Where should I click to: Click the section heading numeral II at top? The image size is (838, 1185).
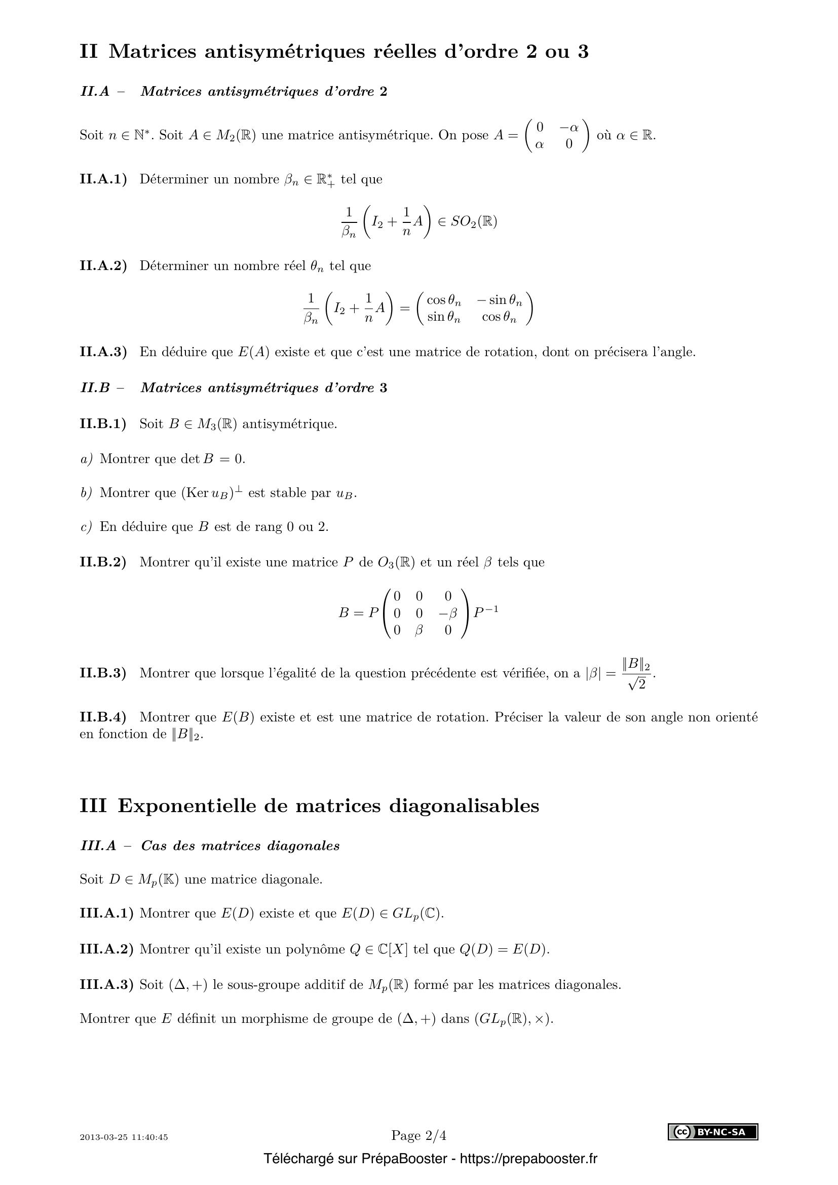(x=88, y=52)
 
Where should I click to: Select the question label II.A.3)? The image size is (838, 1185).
(x=103, y=352)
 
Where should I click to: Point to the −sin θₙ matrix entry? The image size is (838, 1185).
(x=500, y=300)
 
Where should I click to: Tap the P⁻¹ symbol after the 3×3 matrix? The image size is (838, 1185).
(x=485, y=612)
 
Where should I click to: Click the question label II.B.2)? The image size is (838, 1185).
(x=103, y=561)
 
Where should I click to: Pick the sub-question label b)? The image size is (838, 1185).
(x=86, y=492)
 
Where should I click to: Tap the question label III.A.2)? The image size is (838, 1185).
(x=106, y=948)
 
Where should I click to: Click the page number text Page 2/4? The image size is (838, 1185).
(x=418, y=1135)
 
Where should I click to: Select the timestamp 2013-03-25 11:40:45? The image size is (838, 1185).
(x=124, y=1137)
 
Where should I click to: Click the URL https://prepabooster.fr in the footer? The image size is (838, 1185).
(x=528, y=1159)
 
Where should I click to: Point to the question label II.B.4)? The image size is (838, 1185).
(x=103, y=717)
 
